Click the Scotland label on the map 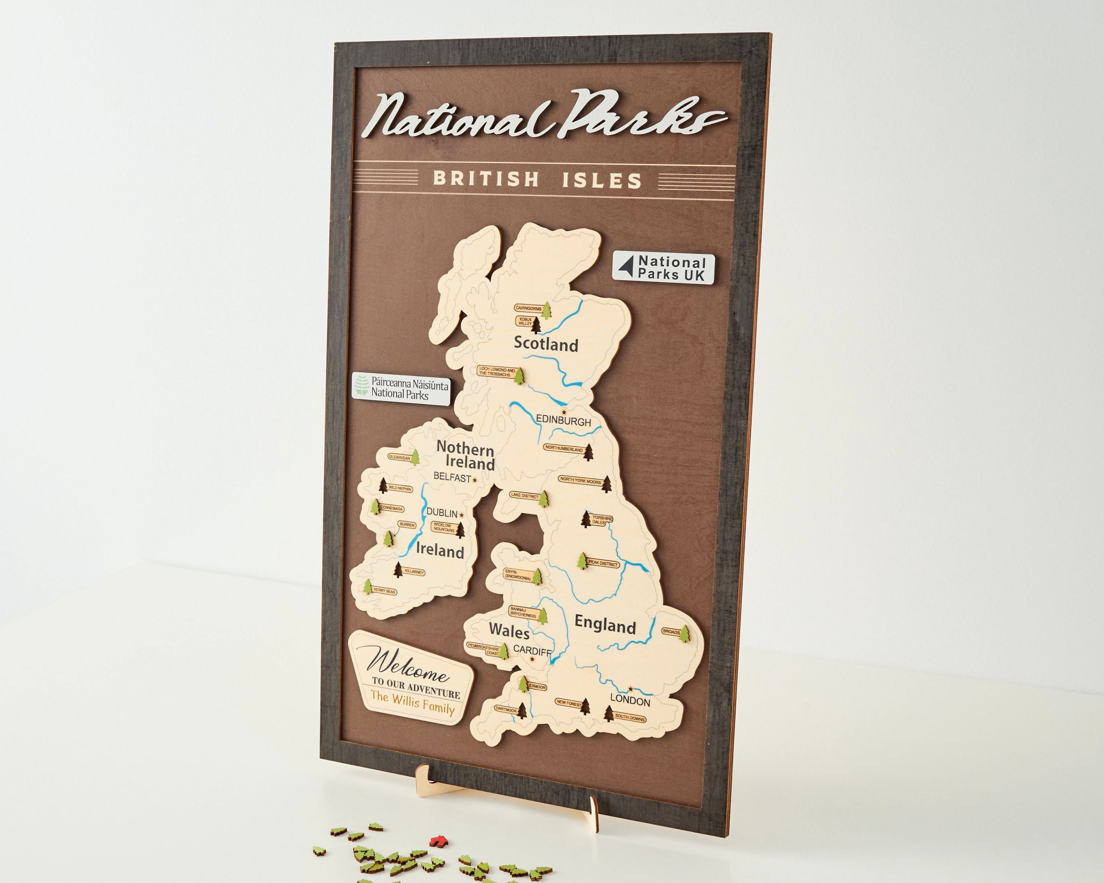point(546,344)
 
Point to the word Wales point(509,631)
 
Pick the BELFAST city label point(452,477)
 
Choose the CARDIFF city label point(532,650)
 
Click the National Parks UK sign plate point(664,268)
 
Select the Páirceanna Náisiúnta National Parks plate point(401,389)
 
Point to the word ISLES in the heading point(602,180)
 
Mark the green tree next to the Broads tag point(684,633)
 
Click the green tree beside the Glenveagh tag point(415,457)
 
